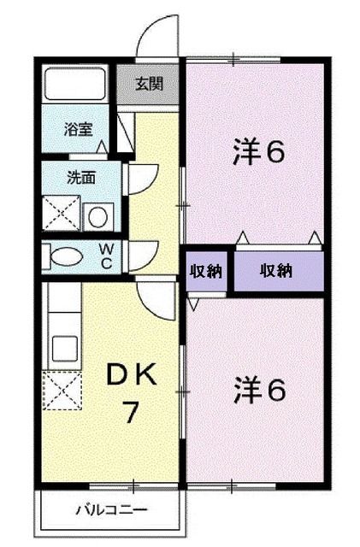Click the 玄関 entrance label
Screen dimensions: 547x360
146,85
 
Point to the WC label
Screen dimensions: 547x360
107,256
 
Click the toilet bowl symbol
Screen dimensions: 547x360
64,256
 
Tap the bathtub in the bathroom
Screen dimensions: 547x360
74,85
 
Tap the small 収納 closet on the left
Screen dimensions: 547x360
206,271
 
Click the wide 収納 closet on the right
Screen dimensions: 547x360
277,271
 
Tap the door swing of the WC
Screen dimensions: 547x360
143,255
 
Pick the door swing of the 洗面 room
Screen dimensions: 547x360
139,180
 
